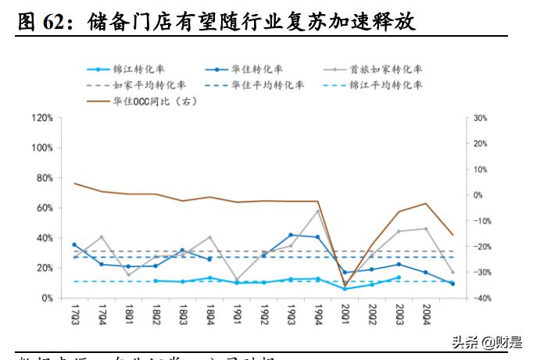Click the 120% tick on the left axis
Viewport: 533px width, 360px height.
tap(41, 118)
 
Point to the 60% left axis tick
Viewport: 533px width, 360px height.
tap(44, 208)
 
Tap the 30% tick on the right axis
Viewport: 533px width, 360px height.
tap(481, 118)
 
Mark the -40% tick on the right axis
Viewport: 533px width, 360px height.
tap(481, 298)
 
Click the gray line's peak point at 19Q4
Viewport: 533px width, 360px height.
tap(318, 211)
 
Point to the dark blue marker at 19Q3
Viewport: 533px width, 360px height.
tap(291, 234)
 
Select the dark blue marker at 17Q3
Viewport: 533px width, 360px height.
tap(74, 244)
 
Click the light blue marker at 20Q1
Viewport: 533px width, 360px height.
tap(345, 289)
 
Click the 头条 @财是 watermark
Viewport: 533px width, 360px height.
tap(488, 341)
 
